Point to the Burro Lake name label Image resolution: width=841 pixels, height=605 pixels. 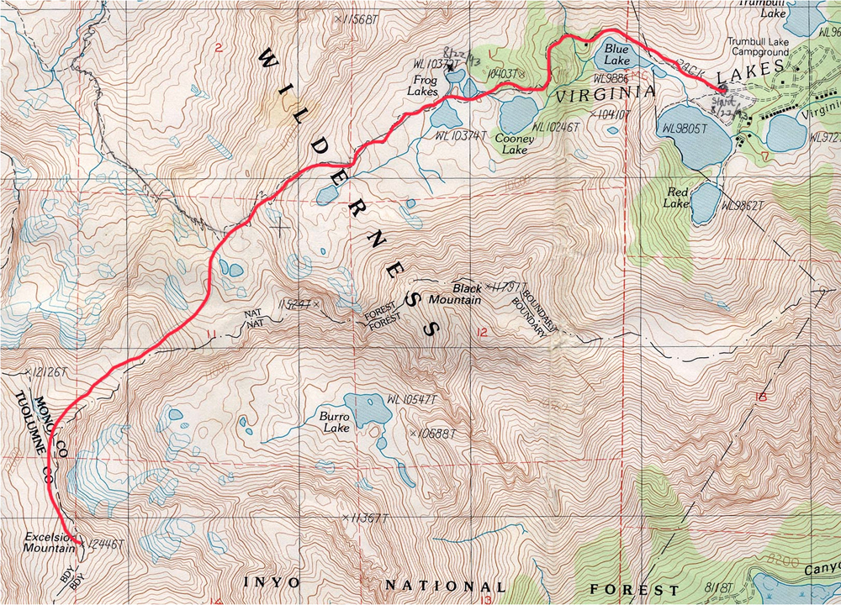[333, 422]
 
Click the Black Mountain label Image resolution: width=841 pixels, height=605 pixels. [455, 293]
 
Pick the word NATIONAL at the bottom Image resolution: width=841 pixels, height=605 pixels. [446, 586]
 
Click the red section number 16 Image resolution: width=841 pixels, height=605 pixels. [762, 396]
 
